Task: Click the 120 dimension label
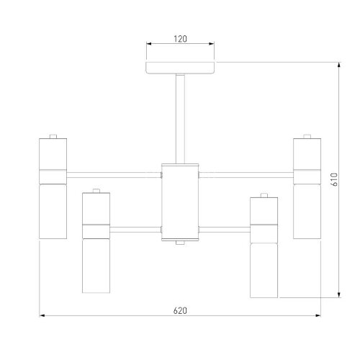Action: coord(180,39)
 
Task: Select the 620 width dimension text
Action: coord(180,311)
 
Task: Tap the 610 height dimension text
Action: coord(334,179)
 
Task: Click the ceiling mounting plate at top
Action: coord(180,68)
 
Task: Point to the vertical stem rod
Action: coord(180,119)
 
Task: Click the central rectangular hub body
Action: coord(180,202)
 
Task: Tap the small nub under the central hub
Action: coord(180,243)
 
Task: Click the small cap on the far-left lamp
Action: coord(53,136)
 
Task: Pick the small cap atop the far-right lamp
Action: coord(307,136)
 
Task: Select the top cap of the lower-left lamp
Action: coord(96,191)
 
